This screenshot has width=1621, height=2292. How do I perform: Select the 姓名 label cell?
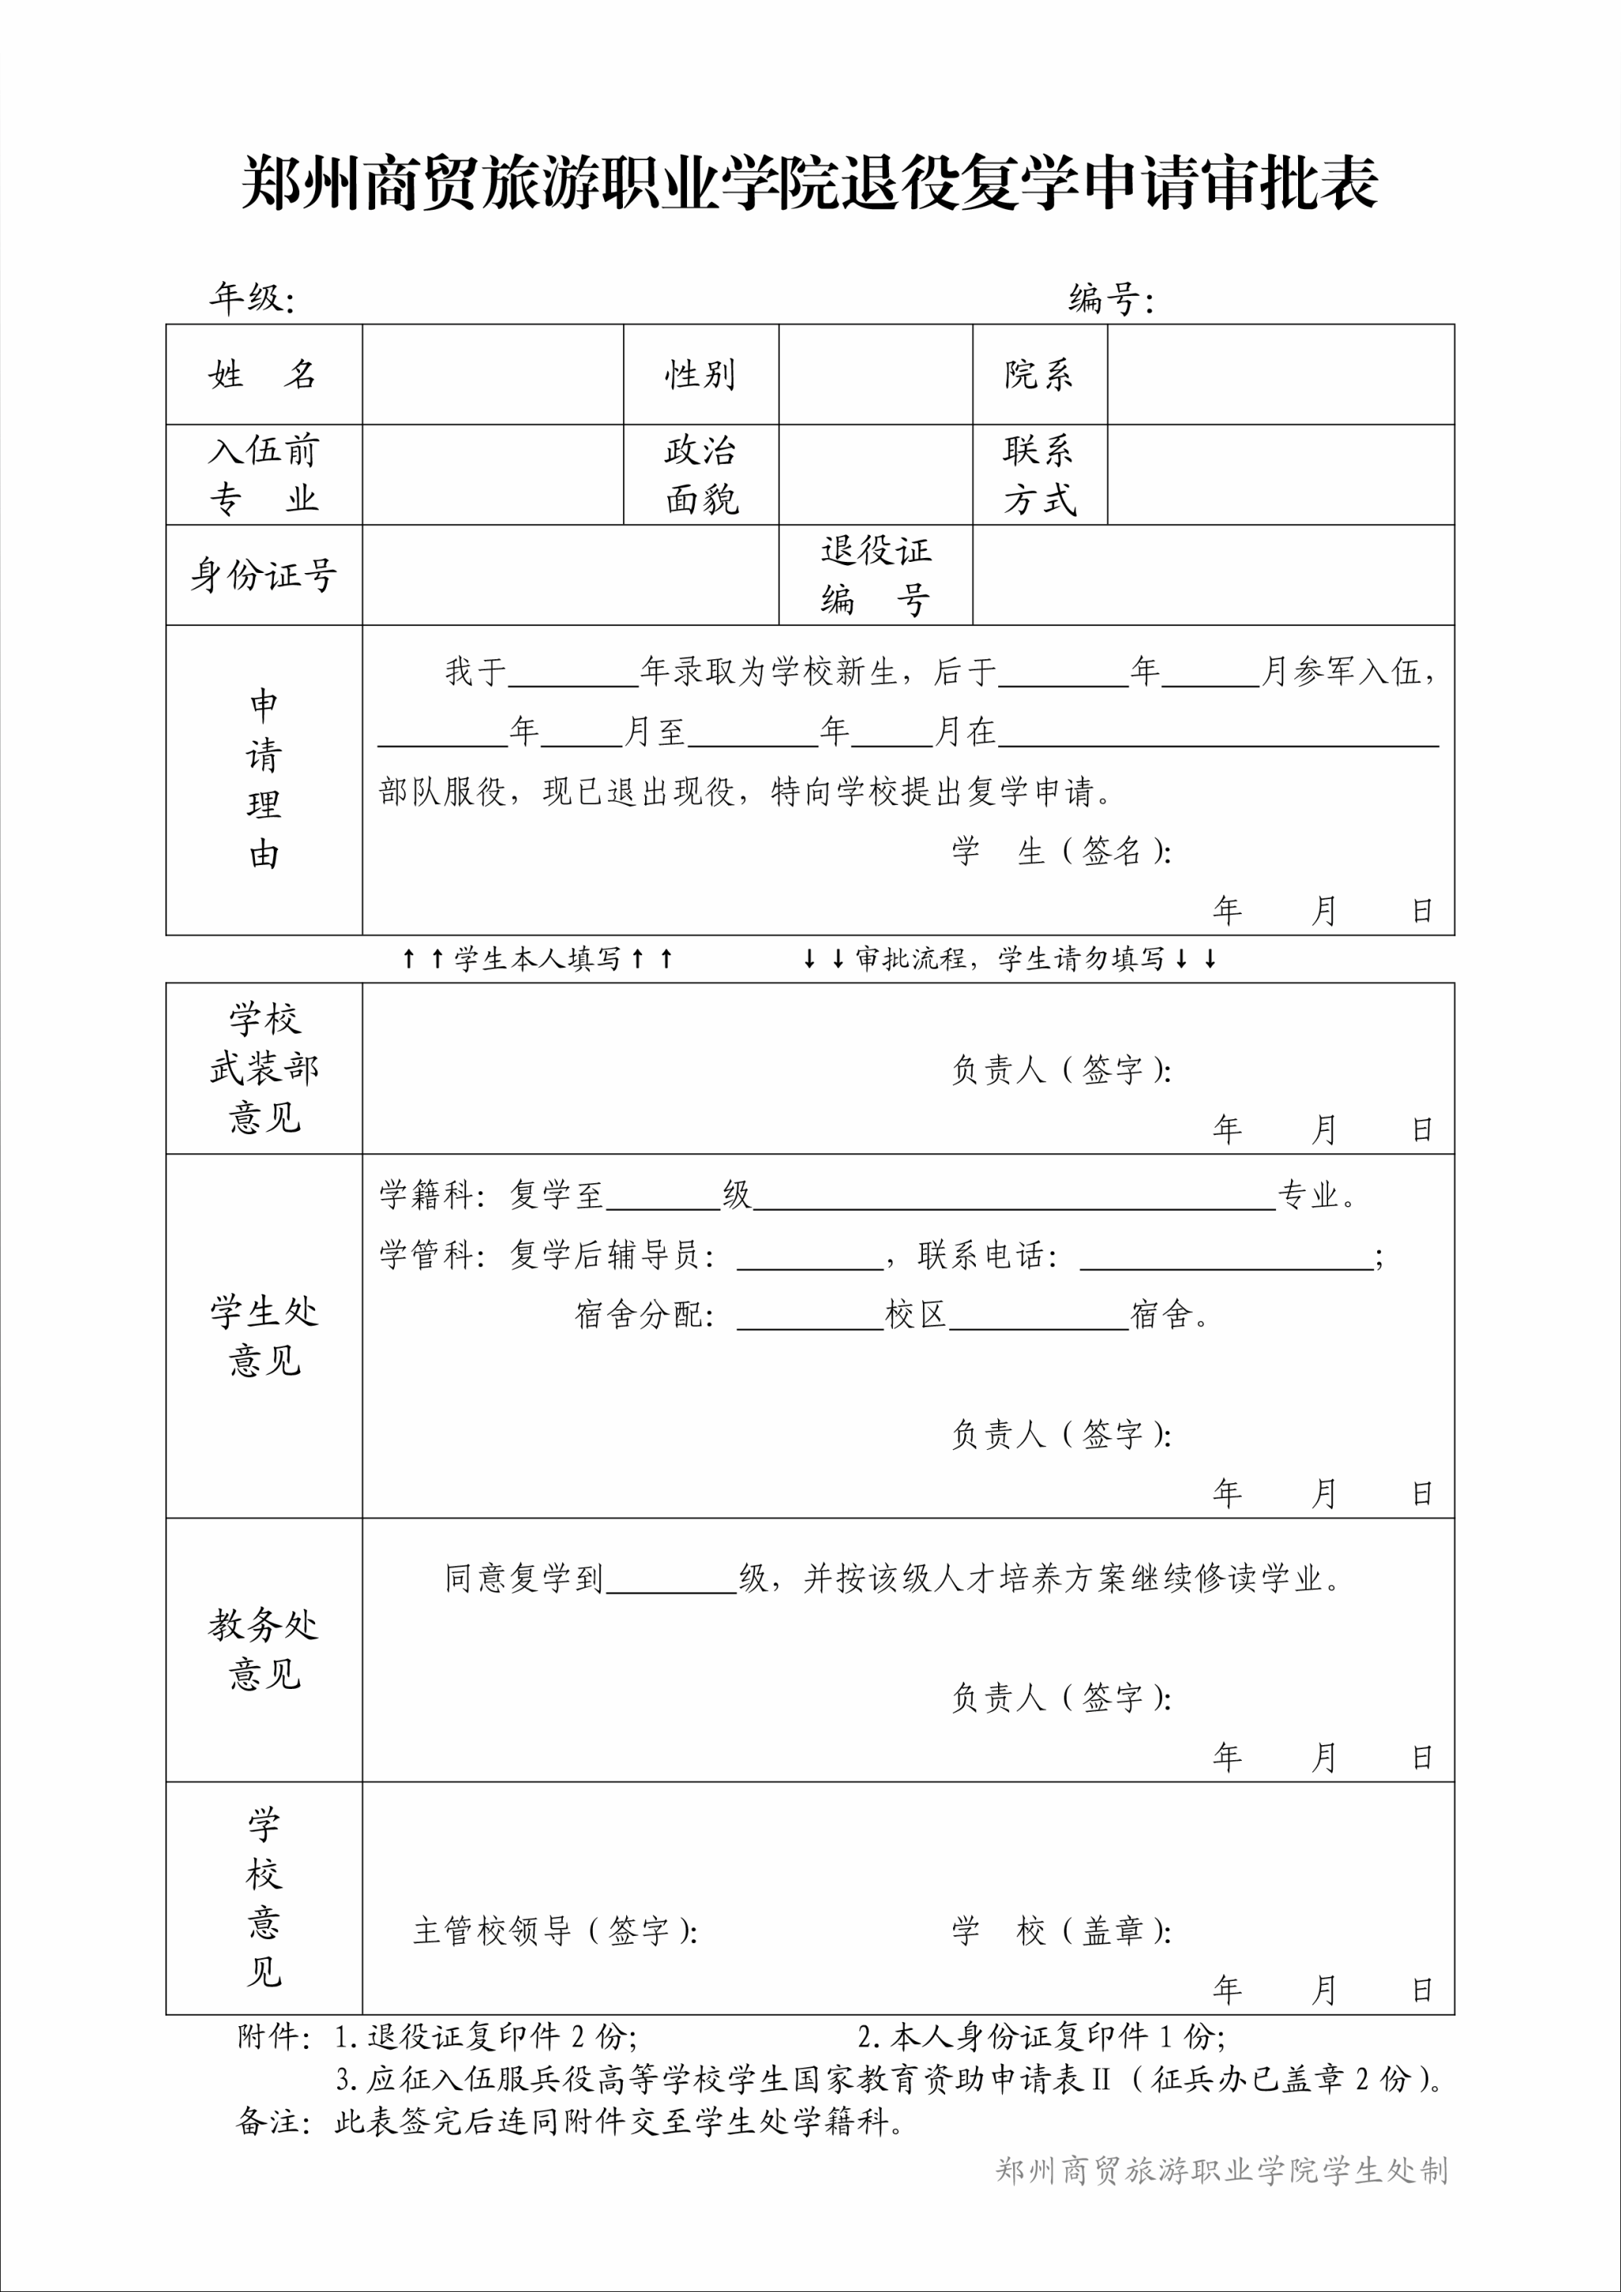pos(264,374)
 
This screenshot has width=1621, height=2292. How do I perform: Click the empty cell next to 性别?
pos(875,374)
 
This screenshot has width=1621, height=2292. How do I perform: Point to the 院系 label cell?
pos(1039,374)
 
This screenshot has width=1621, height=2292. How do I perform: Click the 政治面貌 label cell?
pos(700,475)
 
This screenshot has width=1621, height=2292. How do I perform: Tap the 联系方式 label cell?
pos(1039,475)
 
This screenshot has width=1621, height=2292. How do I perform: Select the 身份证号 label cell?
pos(264,575)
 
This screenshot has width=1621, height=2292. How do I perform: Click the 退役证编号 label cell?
pos(875,575)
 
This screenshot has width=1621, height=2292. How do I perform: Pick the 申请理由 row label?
pos(264,780)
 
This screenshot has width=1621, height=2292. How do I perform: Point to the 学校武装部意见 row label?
pos(264,1068)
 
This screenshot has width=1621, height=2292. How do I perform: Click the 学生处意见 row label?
pos(264,1336)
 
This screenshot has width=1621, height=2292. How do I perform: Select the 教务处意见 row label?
pos(264,1649)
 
